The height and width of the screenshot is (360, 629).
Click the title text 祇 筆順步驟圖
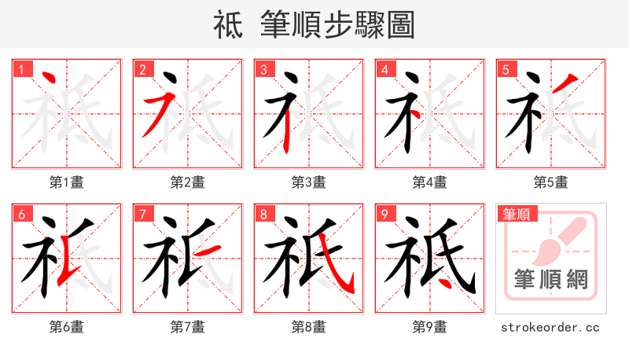(314, 24)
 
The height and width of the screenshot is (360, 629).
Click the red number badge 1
(21, 70)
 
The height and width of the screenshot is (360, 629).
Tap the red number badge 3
(263, 70)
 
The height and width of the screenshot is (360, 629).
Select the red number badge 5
(506, 70)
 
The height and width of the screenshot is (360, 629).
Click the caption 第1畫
(67, 182)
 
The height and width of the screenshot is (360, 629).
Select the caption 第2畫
(188, 182)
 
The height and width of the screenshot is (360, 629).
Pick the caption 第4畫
(430, 182)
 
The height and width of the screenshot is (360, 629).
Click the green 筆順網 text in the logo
(551, 279)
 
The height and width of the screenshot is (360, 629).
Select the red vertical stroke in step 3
(288, 126)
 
